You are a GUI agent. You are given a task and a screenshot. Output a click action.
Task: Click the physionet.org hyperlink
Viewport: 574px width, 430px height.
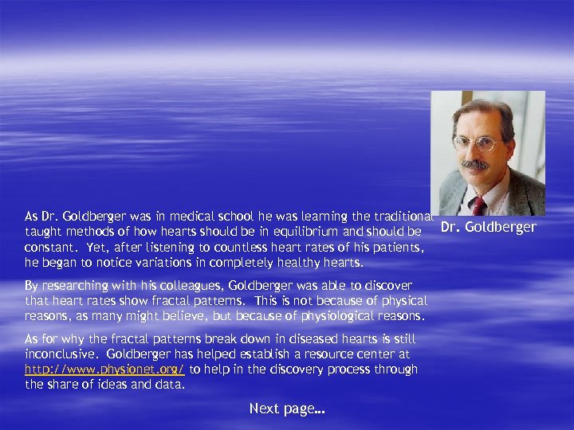104,369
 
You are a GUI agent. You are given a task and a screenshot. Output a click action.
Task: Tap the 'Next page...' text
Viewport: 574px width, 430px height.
287,408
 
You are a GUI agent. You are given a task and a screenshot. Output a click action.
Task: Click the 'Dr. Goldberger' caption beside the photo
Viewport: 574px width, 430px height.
488,228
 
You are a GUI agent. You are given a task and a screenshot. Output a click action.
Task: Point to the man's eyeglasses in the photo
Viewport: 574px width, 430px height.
475,144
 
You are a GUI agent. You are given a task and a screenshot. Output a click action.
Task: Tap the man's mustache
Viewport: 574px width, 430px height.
476,165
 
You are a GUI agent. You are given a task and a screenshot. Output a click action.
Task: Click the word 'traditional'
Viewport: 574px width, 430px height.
400,217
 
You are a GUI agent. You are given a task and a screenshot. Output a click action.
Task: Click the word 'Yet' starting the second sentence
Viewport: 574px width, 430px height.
99,247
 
